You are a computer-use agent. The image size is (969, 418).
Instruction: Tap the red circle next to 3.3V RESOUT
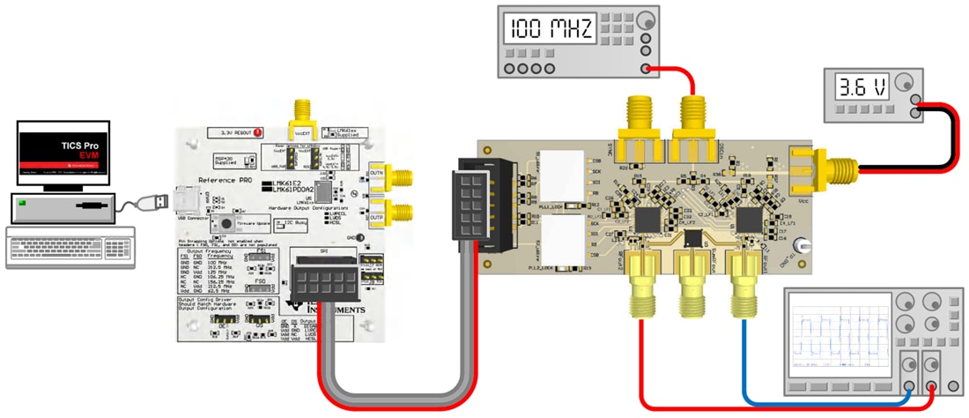coord(258,133)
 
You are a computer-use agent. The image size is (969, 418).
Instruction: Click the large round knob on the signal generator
coord(647,19)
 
